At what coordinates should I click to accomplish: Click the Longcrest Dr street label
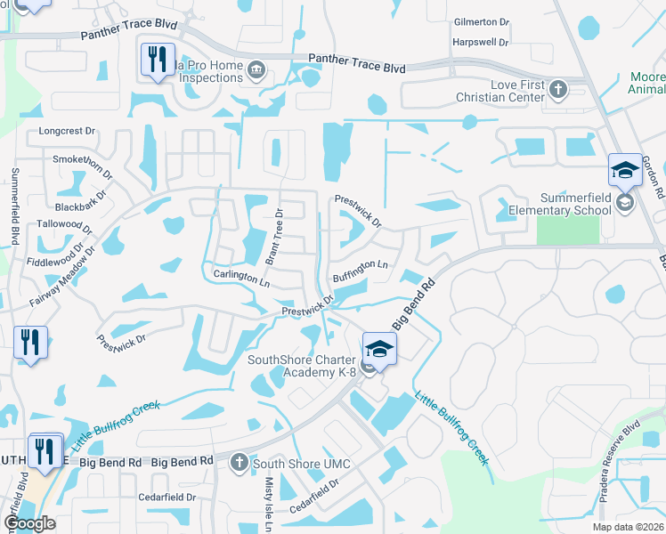click(67, 131)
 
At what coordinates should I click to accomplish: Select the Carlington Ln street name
click(241, 276)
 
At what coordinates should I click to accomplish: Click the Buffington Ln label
click(361, 271)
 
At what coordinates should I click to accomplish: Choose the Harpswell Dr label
click(480, 42)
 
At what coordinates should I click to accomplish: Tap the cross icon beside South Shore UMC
click(239, 462)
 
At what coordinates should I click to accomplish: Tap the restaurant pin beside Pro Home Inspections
click(158, 60)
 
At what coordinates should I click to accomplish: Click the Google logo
click(29, 523)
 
